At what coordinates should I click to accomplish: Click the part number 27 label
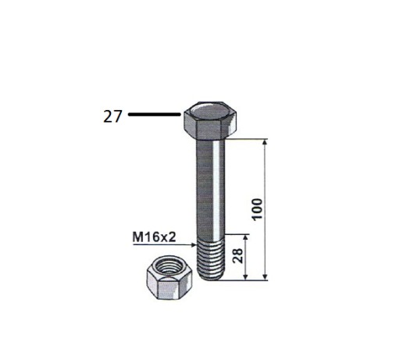click(112, 116)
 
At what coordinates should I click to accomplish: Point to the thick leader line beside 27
click(155, 114)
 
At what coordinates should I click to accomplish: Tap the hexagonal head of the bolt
click(210, 120)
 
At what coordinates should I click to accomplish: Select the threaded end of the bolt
click(210, 258)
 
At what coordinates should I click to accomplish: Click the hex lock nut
click(170, 276)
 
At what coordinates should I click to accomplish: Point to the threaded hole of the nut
click(169, 267)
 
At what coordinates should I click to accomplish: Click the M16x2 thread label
click(154, 237)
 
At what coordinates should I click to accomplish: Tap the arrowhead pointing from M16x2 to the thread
click(193, 244)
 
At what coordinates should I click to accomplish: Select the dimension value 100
click(257, 209)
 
